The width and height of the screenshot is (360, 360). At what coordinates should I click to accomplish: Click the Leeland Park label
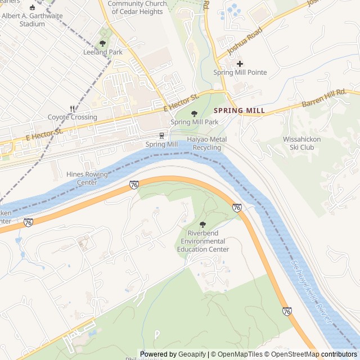(x=102, y=52)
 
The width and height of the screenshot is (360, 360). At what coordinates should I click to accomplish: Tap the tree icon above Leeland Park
(x=102, y=43)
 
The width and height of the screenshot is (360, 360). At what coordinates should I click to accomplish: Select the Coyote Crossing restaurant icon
(x=72, y=109)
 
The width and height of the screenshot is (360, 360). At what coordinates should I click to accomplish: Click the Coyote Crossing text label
(x=72, y=118)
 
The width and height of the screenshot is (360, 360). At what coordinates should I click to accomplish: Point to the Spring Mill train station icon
(x=162, y=136)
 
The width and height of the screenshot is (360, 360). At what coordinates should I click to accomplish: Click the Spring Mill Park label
(x=194, y=122)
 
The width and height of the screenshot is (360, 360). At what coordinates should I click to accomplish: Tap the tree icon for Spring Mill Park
(x=195, y=113)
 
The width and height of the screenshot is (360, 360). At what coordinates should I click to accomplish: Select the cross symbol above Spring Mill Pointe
(x=240, y=64)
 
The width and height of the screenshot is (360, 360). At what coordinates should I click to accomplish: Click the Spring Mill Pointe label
(x=240, y=73)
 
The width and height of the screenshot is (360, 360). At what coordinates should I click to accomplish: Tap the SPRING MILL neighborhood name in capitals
(x=239, y=111)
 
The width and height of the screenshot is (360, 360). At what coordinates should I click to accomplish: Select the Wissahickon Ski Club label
(x=307, y=143)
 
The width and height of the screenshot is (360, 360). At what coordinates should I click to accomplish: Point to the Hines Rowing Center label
(x=87, y=178)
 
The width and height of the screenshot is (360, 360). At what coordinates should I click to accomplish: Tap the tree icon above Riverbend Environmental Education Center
(x=202, y=224)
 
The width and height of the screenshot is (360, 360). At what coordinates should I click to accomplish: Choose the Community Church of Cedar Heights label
(x=137, y=7)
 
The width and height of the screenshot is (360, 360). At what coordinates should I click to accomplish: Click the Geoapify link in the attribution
(x=192, y=354)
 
